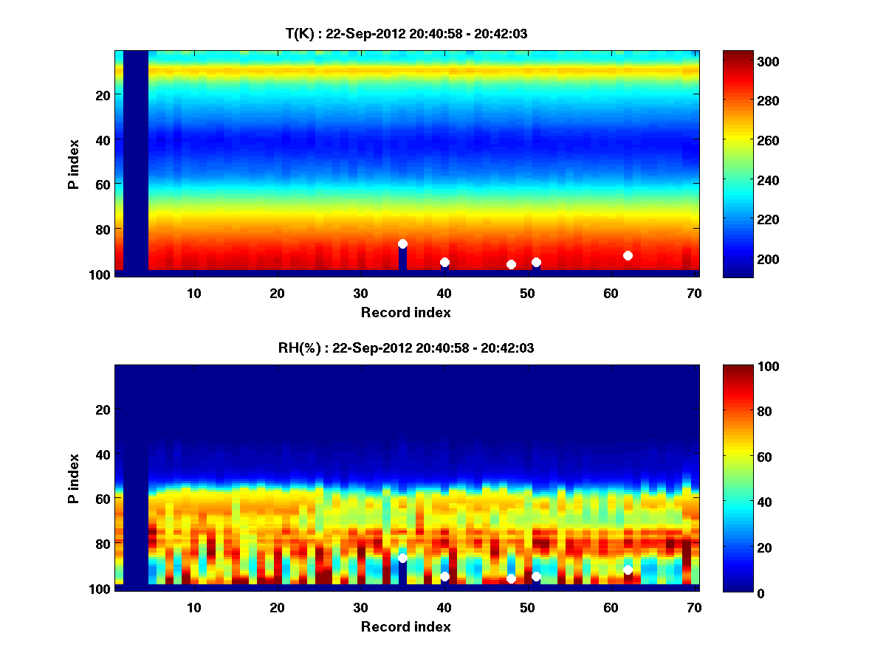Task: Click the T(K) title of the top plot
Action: click(405, 33)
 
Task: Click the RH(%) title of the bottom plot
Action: click(405, 347)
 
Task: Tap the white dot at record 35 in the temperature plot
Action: click(402, 243)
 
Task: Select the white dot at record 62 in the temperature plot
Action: click(628, 255)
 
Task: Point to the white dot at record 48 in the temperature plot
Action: click(511, 264)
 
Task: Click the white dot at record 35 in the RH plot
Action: click(402, 558)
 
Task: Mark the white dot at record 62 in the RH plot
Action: click(628, 570)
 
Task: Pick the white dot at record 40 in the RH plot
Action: click(444, 576)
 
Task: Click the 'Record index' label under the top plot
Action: click(405, 312)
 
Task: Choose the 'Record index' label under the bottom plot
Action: click(405, 626)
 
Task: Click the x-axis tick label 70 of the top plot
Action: click(694, 293)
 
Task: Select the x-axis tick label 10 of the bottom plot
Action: click(193, 607)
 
